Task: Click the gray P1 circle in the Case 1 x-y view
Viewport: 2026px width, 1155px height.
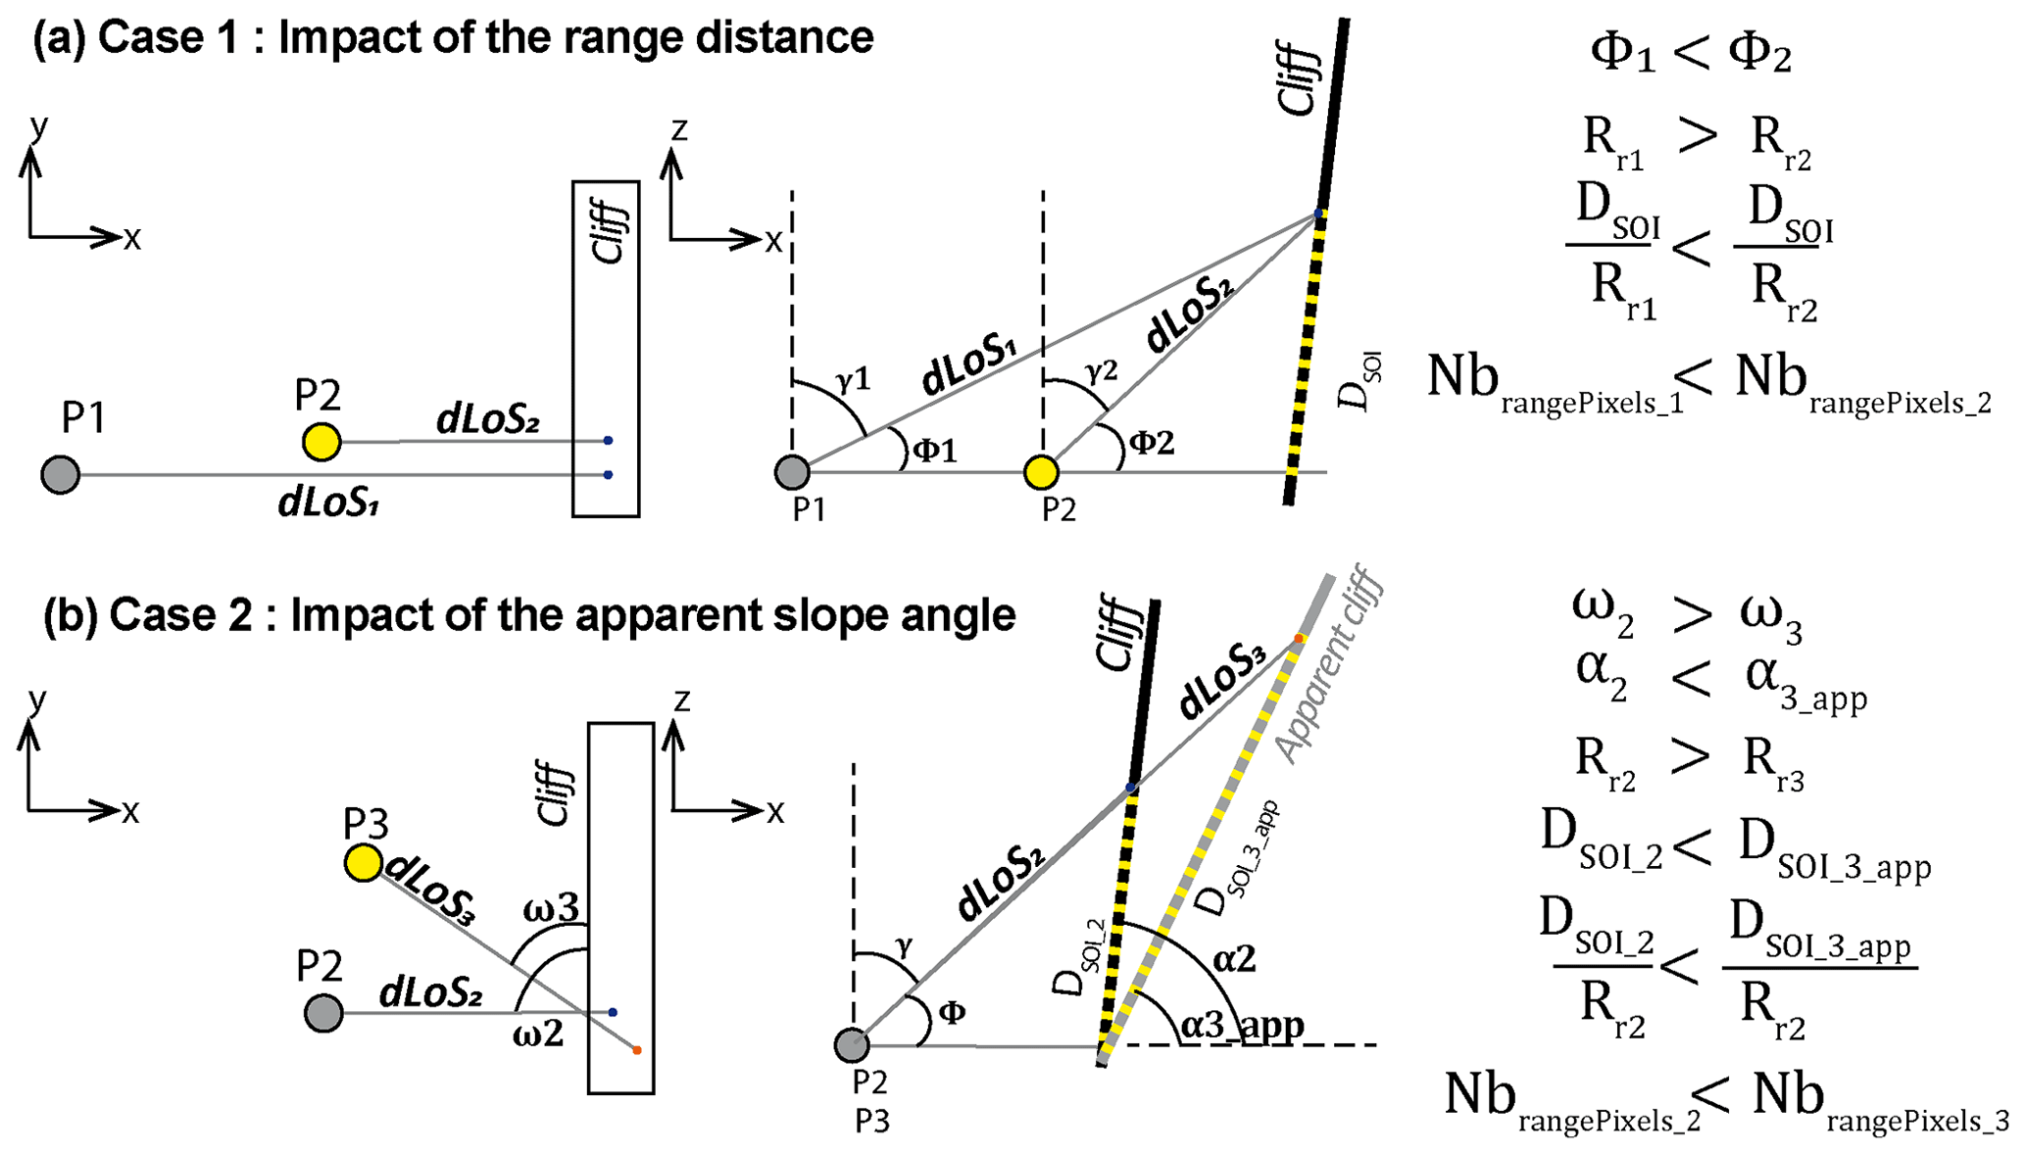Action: point(60,474)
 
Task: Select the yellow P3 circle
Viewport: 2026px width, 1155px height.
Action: point(364,863)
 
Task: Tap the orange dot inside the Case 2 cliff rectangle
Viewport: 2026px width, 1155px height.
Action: point(637,1050)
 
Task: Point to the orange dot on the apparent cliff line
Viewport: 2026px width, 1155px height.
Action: point(1299,639)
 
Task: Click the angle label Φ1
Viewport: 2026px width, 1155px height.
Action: point(934,450)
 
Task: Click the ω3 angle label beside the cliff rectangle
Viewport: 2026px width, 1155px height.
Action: point(551,909)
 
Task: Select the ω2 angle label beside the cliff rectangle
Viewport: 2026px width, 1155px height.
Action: point(538,1034)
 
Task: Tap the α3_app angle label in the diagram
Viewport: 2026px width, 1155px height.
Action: point(1242,1025)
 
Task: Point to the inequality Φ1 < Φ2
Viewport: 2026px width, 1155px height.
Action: point(1690,54)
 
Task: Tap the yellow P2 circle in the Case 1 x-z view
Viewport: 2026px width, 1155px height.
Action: point(1041,472)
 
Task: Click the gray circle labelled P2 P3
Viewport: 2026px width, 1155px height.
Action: point(852,1045)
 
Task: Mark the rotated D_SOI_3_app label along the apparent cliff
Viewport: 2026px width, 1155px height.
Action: point(1240,859)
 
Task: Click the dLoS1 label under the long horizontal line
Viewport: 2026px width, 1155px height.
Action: point(328,502)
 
